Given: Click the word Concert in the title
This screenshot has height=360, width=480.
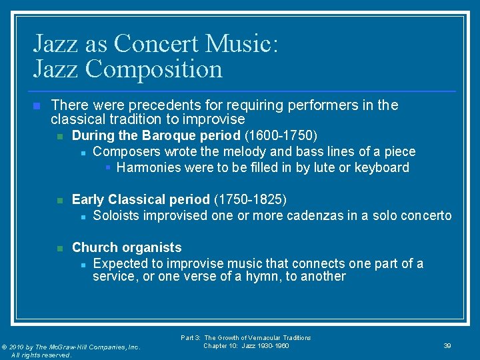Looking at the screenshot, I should point(158,44).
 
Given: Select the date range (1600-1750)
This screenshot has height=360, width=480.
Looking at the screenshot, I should point(281,136).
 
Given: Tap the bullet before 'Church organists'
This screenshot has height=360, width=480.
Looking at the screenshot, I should point(59,248).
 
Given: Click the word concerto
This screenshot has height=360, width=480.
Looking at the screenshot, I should point(427,215).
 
